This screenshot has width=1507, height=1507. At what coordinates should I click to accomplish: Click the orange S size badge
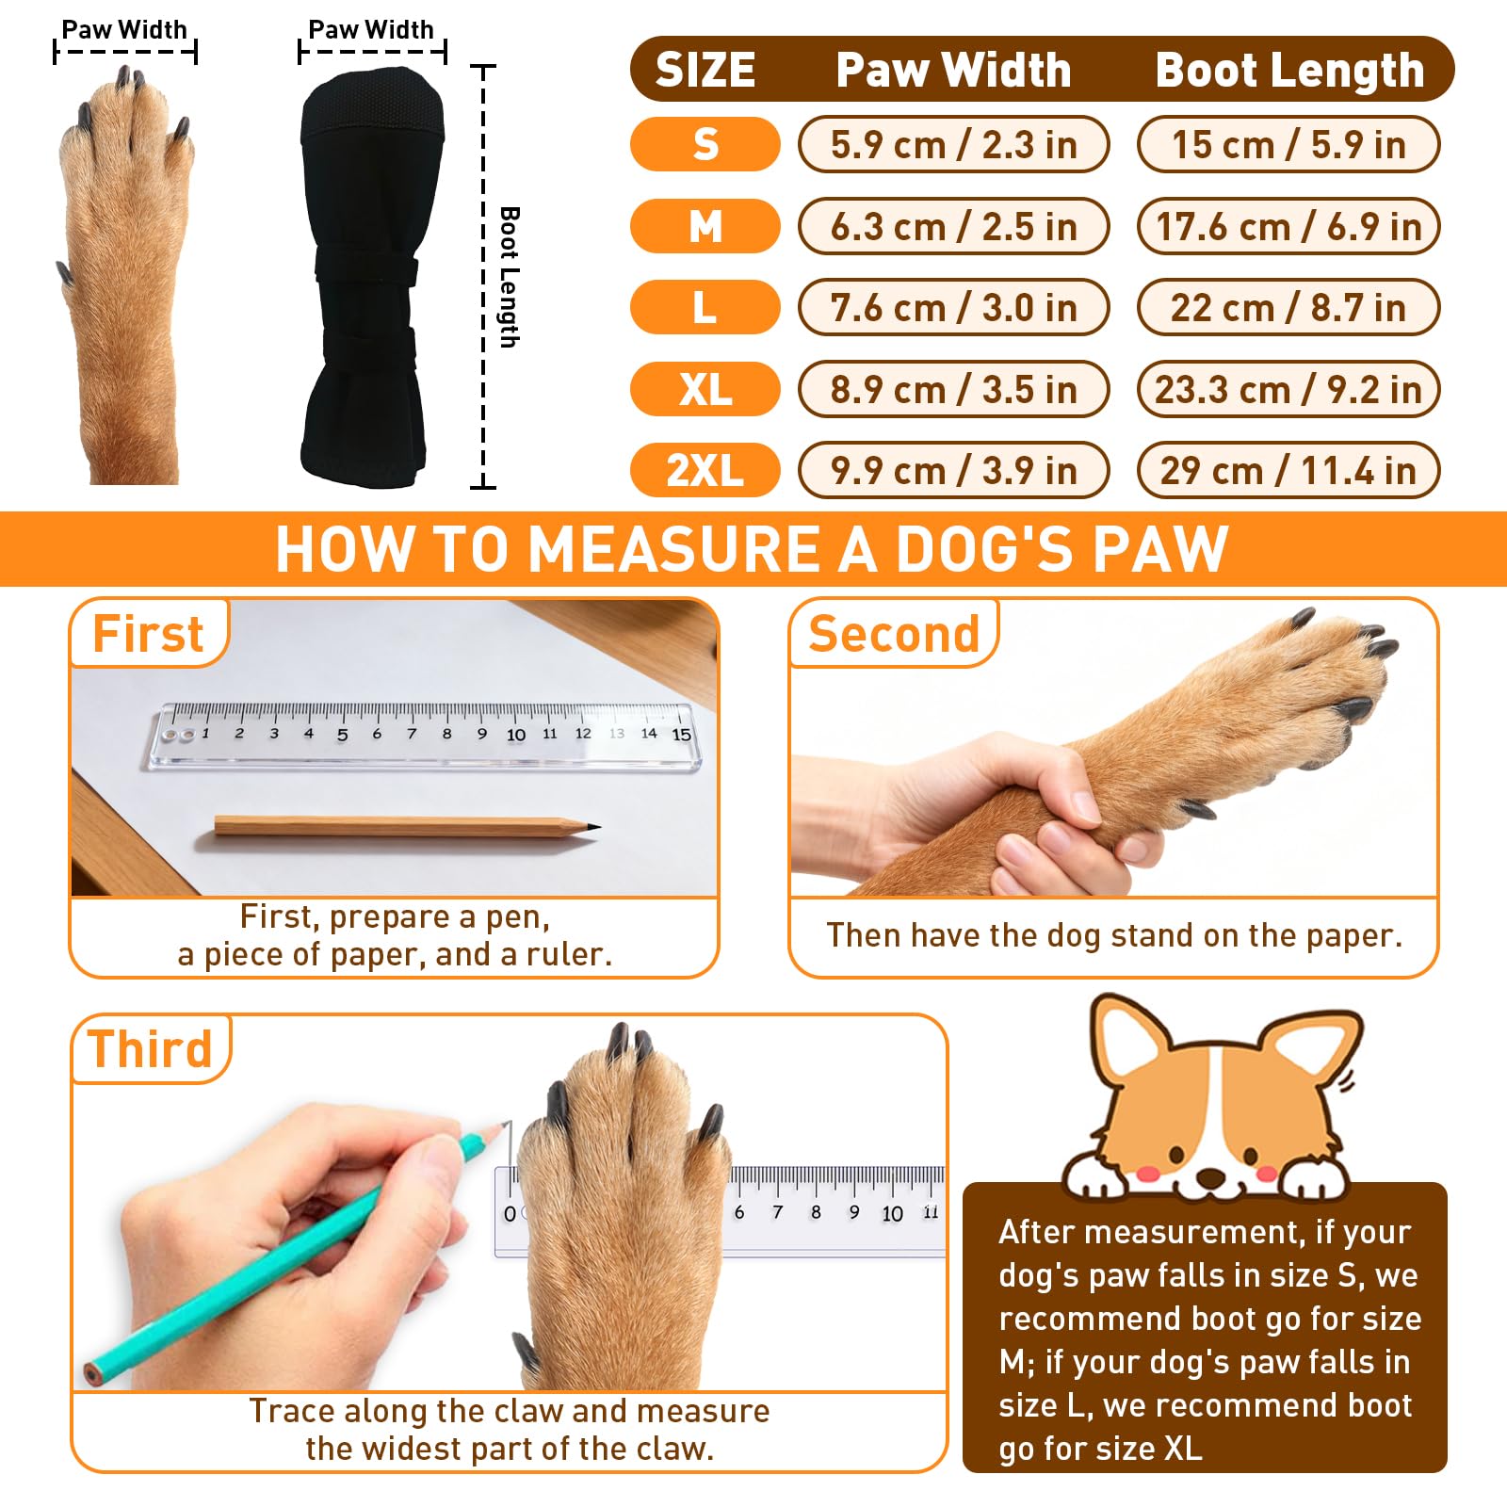point(705,144)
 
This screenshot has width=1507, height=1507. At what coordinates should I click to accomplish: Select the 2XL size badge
point(705,470)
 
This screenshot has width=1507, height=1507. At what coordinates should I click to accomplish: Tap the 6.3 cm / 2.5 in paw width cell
point(953,226)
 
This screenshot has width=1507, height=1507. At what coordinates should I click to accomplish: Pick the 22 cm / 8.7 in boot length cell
point(1288,308)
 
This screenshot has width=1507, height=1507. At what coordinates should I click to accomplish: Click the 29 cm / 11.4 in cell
point(1288,470)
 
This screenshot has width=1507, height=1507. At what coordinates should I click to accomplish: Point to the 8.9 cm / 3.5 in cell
point(953,389)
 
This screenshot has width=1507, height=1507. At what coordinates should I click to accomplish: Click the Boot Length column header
point(1289,70)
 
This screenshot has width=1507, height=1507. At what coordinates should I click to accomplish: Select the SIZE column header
point(705,70)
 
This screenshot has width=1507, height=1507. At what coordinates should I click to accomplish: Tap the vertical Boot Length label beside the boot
point(509,277)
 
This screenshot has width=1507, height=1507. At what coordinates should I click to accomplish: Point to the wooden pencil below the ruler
point(405,826)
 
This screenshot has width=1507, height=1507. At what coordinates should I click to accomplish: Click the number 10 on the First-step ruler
point(516,735)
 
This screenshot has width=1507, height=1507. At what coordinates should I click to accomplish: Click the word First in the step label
point(148,633)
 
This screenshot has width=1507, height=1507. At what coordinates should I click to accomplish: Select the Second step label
point(894,633)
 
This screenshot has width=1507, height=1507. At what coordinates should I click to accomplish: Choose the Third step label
point(151,1048)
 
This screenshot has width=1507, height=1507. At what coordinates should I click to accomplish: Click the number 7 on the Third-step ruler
point(777,1212)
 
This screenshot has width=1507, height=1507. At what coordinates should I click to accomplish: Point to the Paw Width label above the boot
point(371,30)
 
